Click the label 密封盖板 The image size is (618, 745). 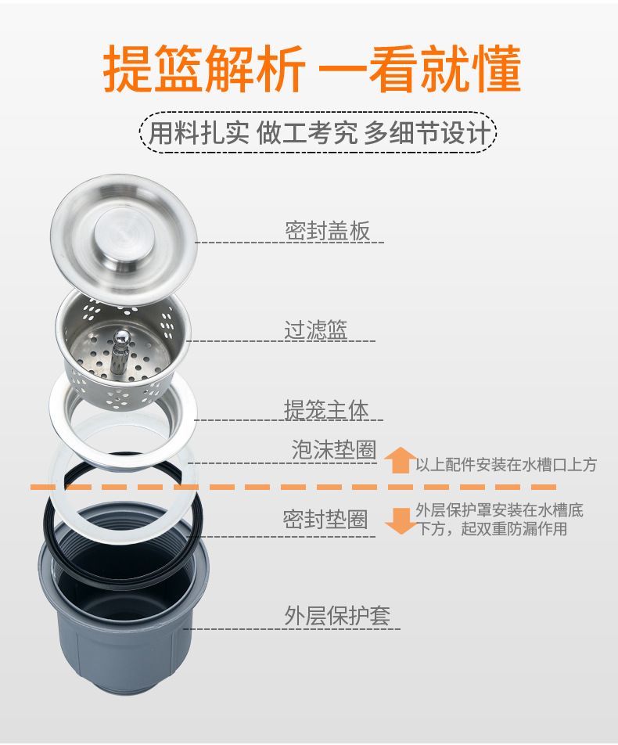[327, 231]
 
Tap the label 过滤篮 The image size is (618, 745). [316, 329]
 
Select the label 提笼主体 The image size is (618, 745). [326, 409]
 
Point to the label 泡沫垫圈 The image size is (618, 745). [334, 449]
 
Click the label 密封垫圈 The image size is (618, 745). [325, 520]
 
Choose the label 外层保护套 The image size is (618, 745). [337, 616]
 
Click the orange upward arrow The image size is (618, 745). [400, 460]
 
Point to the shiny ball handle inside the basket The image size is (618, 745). [120, 337]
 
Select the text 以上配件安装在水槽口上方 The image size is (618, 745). [506, 464]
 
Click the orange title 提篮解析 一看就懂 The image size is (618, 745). [312, 68]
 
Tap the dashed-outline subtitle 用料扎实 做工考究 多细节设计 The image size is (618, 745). [318, 132]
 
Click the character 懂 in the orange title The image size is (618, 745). [496, 68]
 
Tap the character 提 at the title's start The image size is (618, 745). [128, 68]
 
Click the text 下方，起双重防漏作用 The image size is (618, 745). [492, 528]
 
